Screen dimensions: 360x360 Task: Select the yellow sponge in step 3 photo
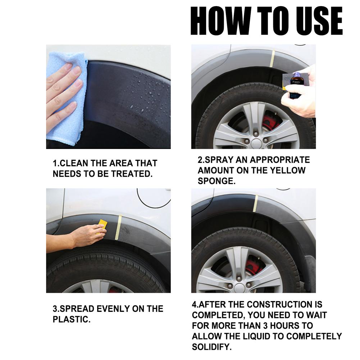103,225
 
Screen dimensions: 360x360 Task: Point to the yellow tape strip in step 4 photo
255,204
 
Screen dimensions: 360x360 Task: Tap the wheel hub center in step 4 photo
239,287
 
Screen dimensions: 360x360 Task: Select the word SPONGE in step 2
217,181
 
